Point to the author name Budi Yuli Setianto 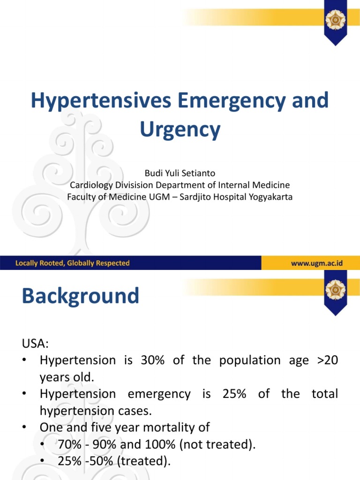point(180,173)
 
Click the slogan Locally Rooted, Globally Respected point(73,263)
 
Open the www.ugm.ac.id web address point(317,263)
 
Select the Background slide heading point(81,296)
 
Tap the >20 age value point(326,360)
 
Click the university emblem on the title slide point(335,20)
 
